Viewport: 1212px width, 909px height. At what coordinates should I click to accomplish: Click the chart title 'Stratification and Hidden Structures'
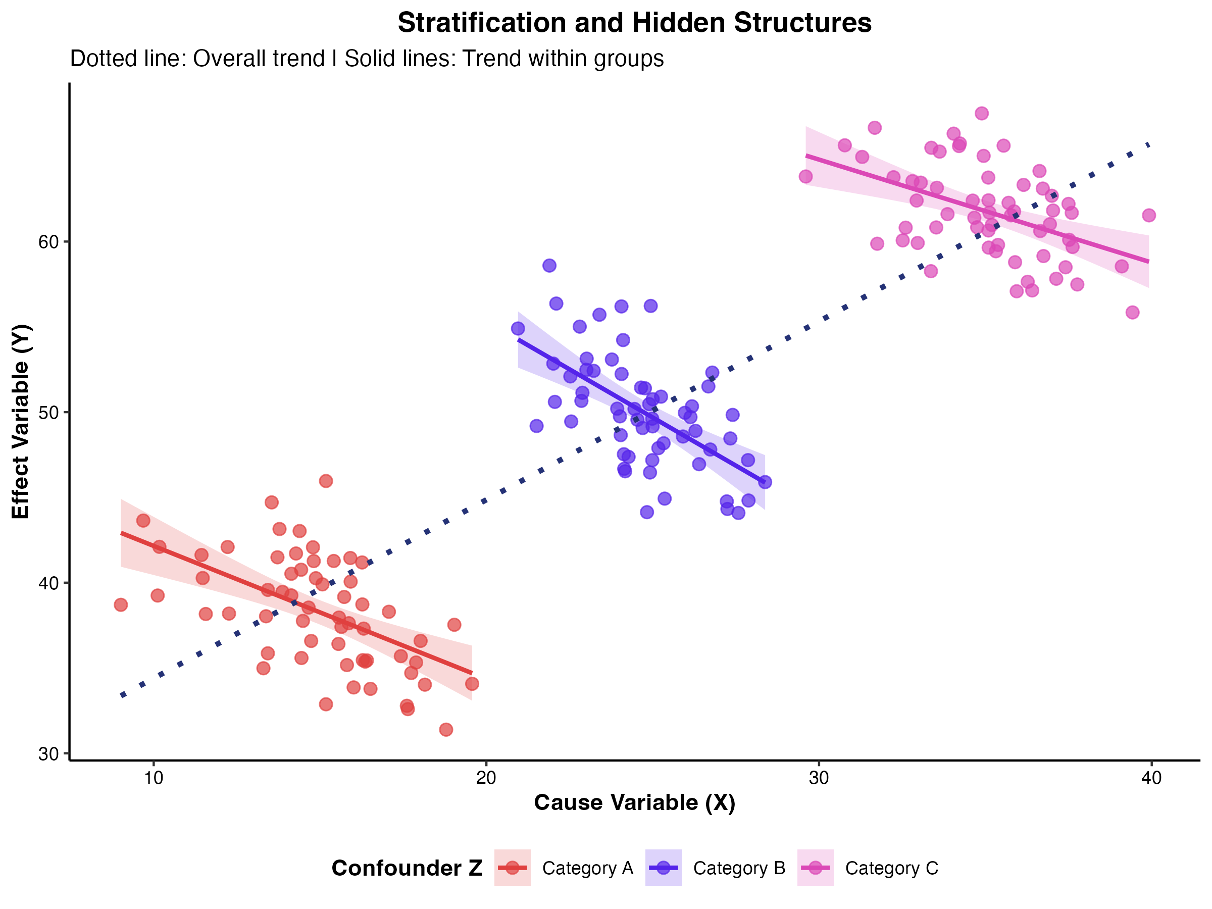click(634, 23)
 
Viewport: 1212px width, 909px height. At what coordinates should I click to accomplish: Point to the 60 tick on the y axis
click(48, 241)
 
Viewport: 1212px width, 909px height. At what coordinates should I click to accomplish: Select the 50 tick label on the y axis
click(48, 412)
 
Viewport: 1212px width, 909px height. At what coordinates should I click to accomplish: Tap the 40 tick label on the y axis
click(48, 583)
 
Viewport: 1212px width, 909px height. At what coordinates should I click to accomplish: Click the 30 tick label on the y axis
click(48, 754)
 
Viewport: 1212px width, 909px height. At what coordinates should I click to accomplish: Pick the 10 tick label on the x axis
click(154, 778)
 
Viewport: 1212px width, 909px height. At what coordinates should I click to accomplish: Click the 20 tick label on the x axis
click(486, 778)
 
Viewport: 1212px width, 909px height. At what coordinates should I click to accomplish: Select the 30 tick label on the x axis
click(819, 778)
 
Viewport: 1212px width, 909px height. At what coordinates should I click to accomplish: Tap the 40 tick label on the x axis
click(1152, 778)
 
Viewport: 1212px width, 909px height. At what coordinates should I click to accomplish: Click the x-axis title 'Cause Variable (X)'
click(634, 803)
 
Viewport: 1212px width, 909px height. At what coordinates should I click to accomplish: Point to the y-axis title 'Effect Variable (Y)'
click(21, 421)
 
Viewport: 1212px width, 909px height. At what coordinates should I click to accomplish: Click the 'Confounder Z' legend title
click(407, 869)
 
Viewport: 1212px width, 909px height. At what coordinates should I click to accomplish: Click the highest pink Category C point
click(982, 114)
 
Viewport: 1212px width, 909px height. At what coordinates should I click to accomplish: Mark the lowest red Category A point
click(446, 730)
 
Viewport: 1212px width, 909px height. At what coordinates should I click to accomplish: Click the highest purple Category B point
click(549, 266)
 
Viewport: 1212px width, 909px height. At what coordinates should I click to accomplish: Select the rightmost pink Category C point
click(1149, 215)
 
